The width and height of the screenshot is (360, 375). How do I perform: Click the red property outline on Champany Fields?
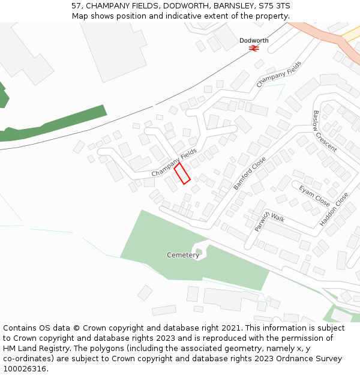[x=182, y=173]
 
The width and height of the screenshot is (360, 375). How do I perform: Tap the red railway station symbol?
[x=254, y=47]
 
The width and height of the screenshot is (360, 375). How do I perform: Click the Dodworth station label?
[x=254, y=41]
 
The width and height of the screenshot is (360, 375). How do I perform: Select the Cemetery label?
[x=183, y=255]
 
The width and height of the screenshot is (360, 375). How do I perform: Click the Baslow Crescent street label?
[x=325, y=131]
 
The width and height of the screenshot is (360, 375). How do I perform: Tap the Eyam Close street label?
[x=314, y=196]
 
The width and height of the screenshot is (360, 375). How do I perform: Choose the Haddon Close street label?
[x=334, y=209]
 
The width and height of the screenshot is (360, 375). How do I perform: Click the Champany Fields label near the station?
[x=279, y=74]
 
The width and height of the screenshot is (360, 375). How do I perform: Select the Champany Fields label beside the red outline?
[x=174, y=163]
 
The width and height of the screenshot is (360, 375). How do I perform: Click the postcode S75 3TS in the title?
[x=274, y=6]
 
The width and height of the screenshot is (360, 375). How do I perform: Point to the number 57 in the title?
[x=76, y=6]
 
